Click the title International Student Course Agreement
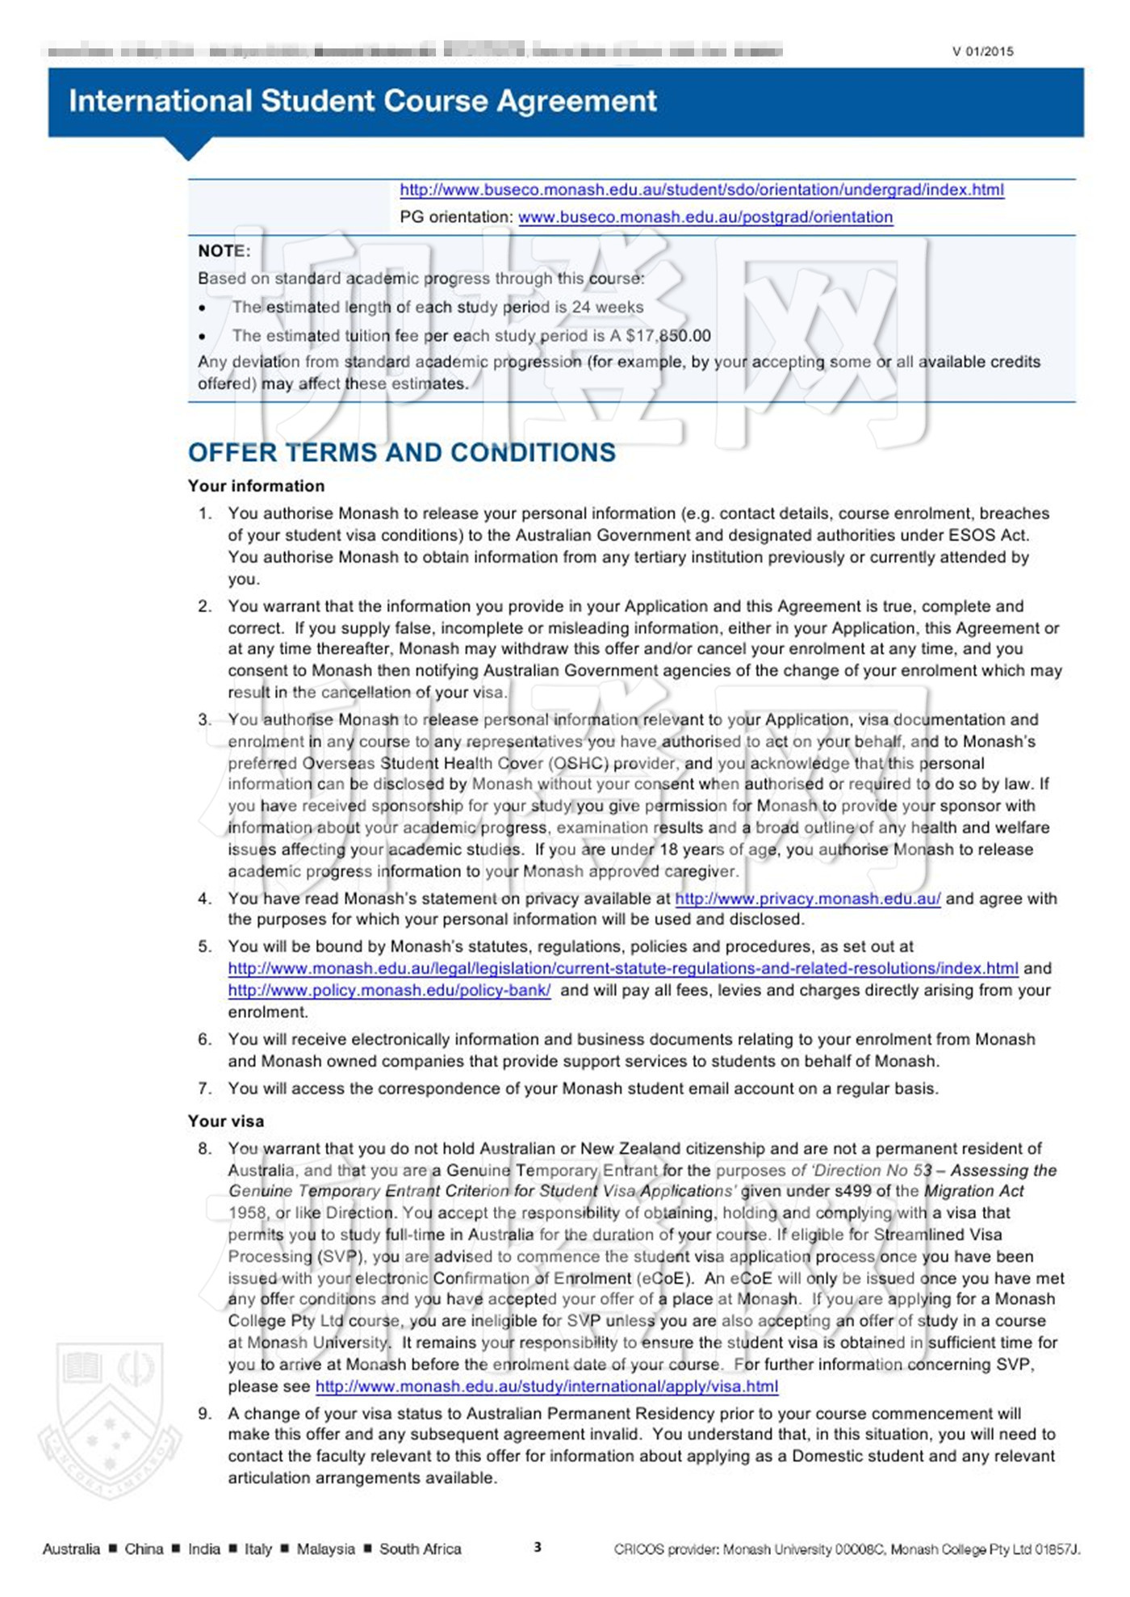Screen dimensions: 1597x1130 point(362,101)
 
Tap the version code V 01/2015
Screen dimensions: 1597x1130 point(981,52)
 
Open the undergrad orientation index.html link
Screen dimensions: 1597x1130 point(701,190)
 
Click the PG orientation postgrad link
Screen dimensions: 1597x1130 point(705,217)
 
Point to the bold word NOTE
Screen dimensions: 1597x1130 point(223,251)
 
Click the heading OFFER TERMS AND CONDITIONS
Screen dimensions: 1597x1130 point(401,452)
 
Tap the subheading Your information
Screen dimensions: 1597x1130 point(256,486)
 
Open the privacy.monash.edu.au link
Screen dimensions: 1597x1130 point(807,899)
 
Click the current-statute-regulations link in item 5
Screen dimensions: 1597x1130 point(622,968)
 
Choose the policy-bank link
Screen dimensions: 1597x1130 point(389,990)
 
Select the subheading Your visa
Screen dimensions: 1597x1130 point(226,1121)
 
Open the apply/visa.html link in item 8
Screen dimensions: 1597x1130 point(546,1386)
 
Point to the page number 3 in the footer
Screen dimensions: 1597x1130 point(538,1547)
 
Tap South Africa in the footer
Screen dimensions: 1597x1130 point(420,1549)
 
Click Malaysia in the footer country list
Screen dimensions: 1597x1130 point(325,1549)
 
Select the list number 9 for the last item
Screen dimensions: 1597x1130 point(205,1413)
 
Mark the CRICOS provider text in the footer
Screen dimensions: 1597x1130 point(847,1549)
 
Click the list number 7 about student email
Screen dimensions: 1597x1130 point(205,1088)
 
